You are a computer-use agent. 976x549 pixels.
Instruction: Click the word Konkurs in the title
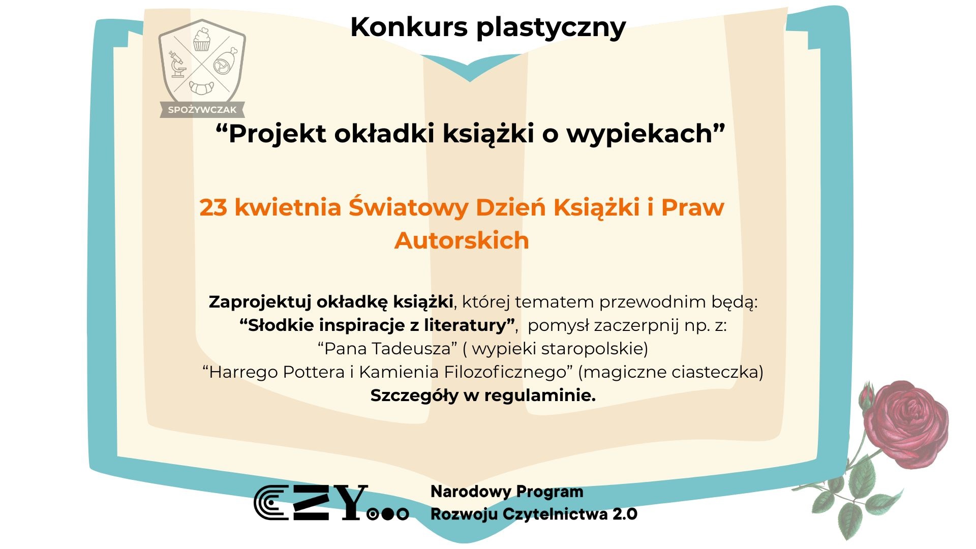tap(409, 27)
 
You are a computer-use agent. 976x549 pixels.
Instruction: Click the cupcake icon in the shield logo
tap(202, 40)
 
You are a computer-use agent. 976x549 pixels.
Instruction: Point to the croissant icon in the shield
tap(202, 87)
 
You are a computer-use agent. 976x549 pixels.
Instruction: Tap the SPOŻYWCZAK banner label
tap(202, 110)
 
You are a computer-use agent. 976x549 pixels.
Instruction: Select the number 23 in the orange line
tap(213, 207)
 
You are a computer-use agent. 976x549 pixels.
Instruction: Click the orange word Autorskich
tap(462, 240)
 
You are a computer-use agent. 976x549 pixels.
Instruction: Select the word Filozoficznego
tap(505, 372)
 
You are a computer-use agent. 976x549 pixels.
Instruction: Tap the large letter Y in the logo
tap(348, 502)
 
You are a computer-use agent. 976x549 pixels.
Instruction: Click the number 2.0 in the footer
tap(625, 514)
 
